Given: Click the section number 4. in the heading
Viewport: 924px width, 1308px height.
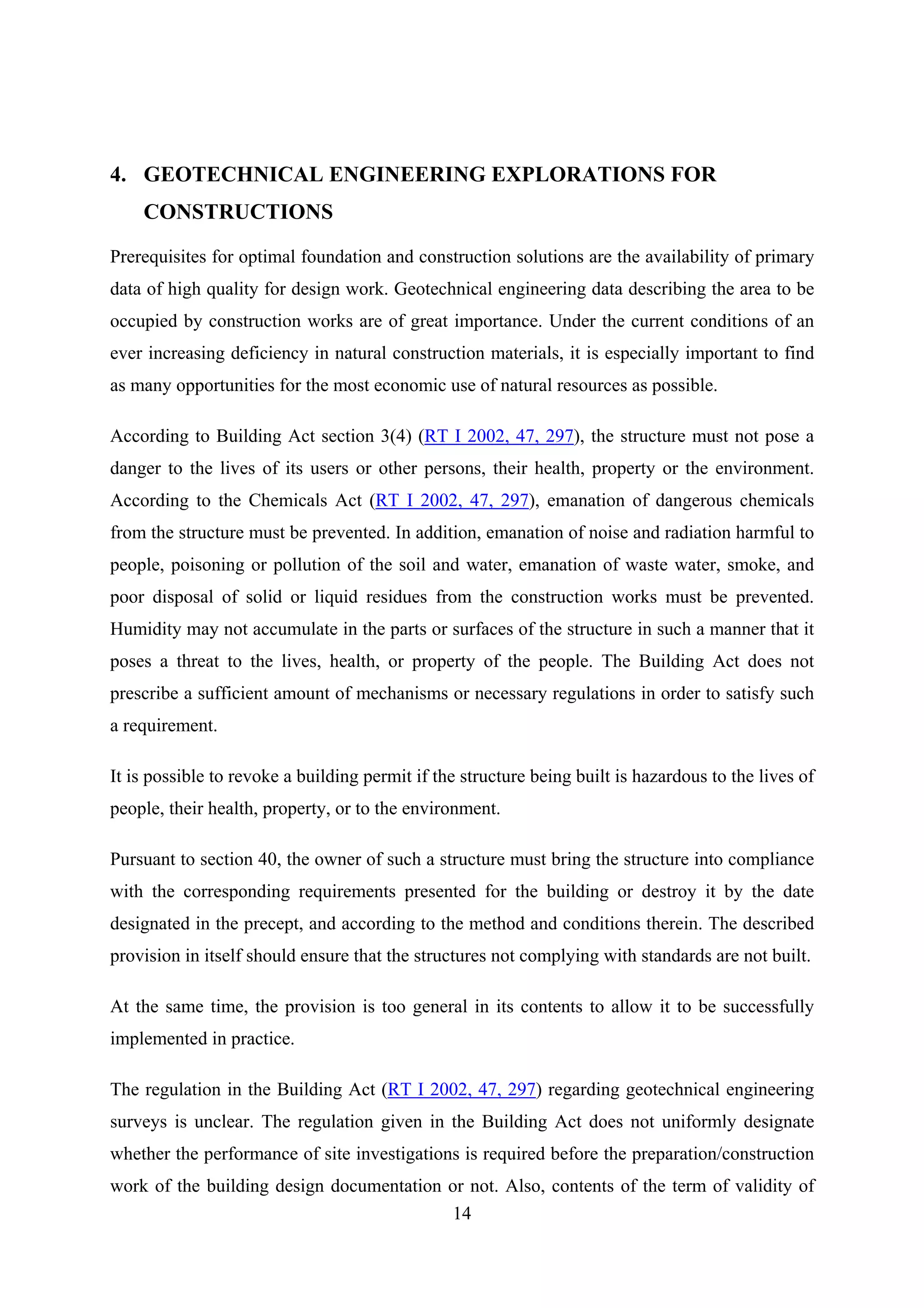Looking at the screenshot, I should [118, 174].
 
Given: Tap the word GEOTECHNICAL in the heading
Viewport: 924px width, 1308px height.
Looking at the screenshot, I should [233, 174].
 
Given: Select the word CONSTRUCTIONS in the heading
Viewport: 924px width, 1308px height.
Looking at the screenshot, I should [238, 212].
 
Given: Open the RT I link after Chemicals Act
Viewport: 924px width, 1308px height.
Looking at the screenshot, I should [452, 500].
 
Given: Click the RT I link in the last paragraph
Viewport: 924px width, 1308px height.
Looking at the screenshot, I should [461, 1089].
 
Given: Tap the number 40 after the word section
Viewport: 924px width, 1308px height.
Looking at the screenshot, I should [267, 859].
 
